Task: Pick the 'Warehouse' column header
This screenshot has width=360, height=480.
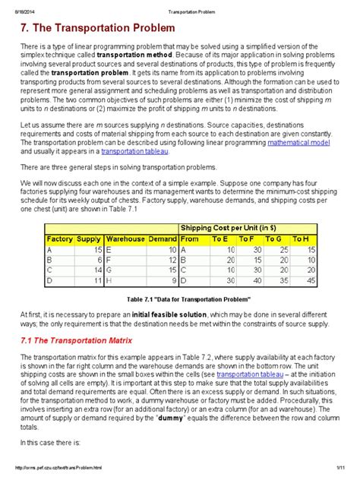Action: pyautogui.click(x=125, y=238)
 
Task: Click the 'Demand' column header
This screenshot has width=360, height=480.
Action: pyautogui.click(x=162, y=238)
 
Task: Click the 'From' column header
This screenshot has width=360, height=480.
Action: pyautogui.click(x=191, y=238)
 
